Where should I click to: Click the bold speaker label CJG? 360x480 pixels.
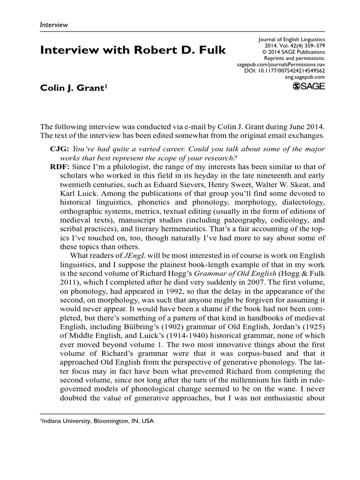60,148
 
